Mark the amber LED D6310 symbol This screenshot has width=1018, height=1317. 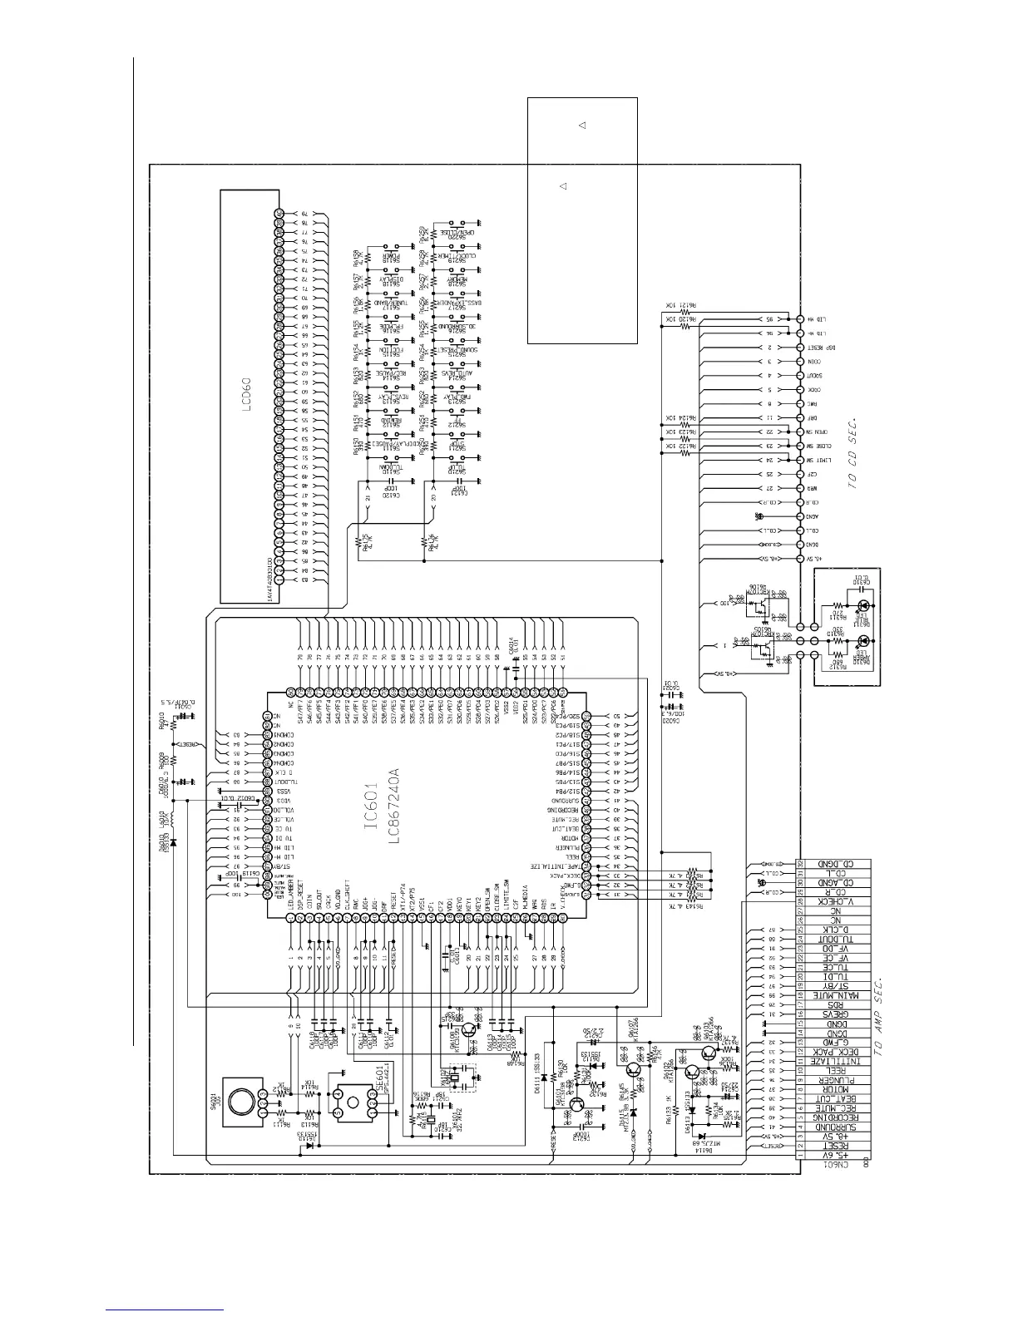[864, 641]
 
